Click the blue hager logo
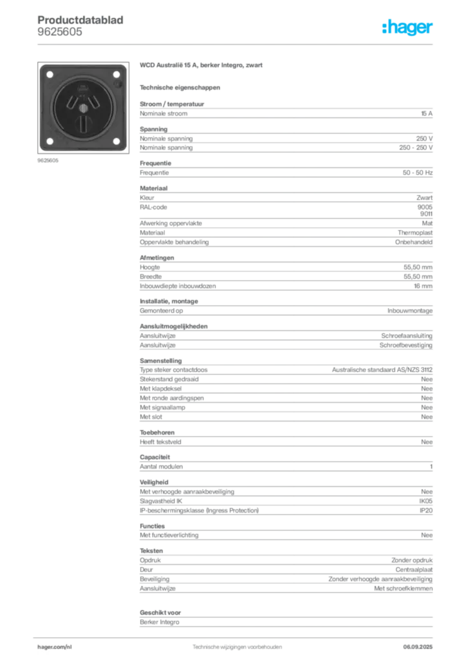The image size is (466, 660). coord(408,28)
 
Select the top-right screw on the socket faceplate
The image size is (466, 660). coord(116,75)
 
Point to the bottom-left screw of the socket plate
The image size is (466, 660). coord(50,141)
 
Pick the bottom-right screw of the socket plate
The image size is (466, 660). coord(116,141)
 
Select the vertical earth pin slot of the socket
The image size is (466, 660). coord(83,122)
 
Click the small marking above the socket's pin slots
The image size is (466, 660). coord(83,87)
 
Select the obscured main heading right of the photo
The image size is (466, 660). coord(202,66)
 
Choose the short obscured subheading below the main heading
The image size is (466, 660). coord(180,87)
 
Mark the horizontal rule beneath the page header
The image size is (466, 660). coord(236,44)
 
